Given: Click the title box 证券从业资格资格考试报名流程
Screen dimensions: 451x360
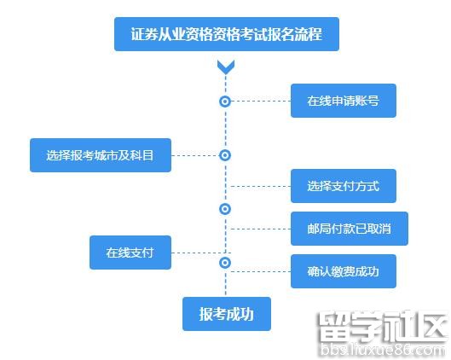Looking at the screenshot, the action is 227,34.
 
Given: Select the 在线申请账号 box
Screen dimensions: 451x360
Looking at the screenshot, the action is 344,101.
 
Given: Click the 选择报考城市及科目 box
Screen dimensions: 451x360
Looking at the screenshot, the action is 101,155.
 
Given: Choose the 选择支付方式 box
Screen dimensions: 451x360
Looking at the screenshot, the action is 344,186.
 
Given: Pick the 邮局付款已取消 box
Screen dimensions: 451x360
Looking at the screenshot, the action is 350,229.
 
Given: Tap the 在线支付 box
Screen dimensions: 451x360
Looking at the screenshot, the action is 130,253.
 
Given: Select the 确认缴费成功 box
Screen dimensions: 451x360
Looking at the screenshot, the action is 344,271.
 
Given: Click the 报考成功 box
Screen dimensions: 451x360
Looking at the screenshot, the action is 227,314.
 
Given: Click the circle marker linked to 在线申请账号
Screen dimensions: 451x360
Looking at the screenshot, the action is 225,102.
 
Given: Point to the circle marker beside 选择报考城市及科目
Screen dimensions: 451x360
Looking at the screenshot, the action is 225,155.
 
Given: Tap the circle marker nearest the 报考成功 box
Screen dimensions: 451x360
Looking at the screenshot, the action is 225,263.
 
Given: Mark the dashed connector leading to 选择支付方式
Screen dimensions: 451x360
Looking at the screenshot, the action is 261,187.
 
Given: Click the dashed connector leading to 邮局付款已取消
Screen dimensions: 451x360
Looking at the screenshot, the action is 261,229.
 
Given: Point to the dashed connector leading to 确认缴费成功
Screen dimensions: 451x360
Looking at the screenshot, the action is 261,271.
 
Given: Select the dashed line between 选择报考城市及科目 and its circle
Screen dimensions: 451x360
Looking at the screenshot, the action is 195,155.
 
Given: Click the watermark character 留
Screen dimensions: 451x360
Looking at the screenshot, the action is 334,327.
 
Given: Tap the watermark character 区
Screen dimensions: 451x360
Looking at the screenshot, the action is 431,327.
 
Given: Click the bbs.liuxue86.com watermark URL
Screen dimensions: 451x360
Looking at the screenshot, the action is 383,350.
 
